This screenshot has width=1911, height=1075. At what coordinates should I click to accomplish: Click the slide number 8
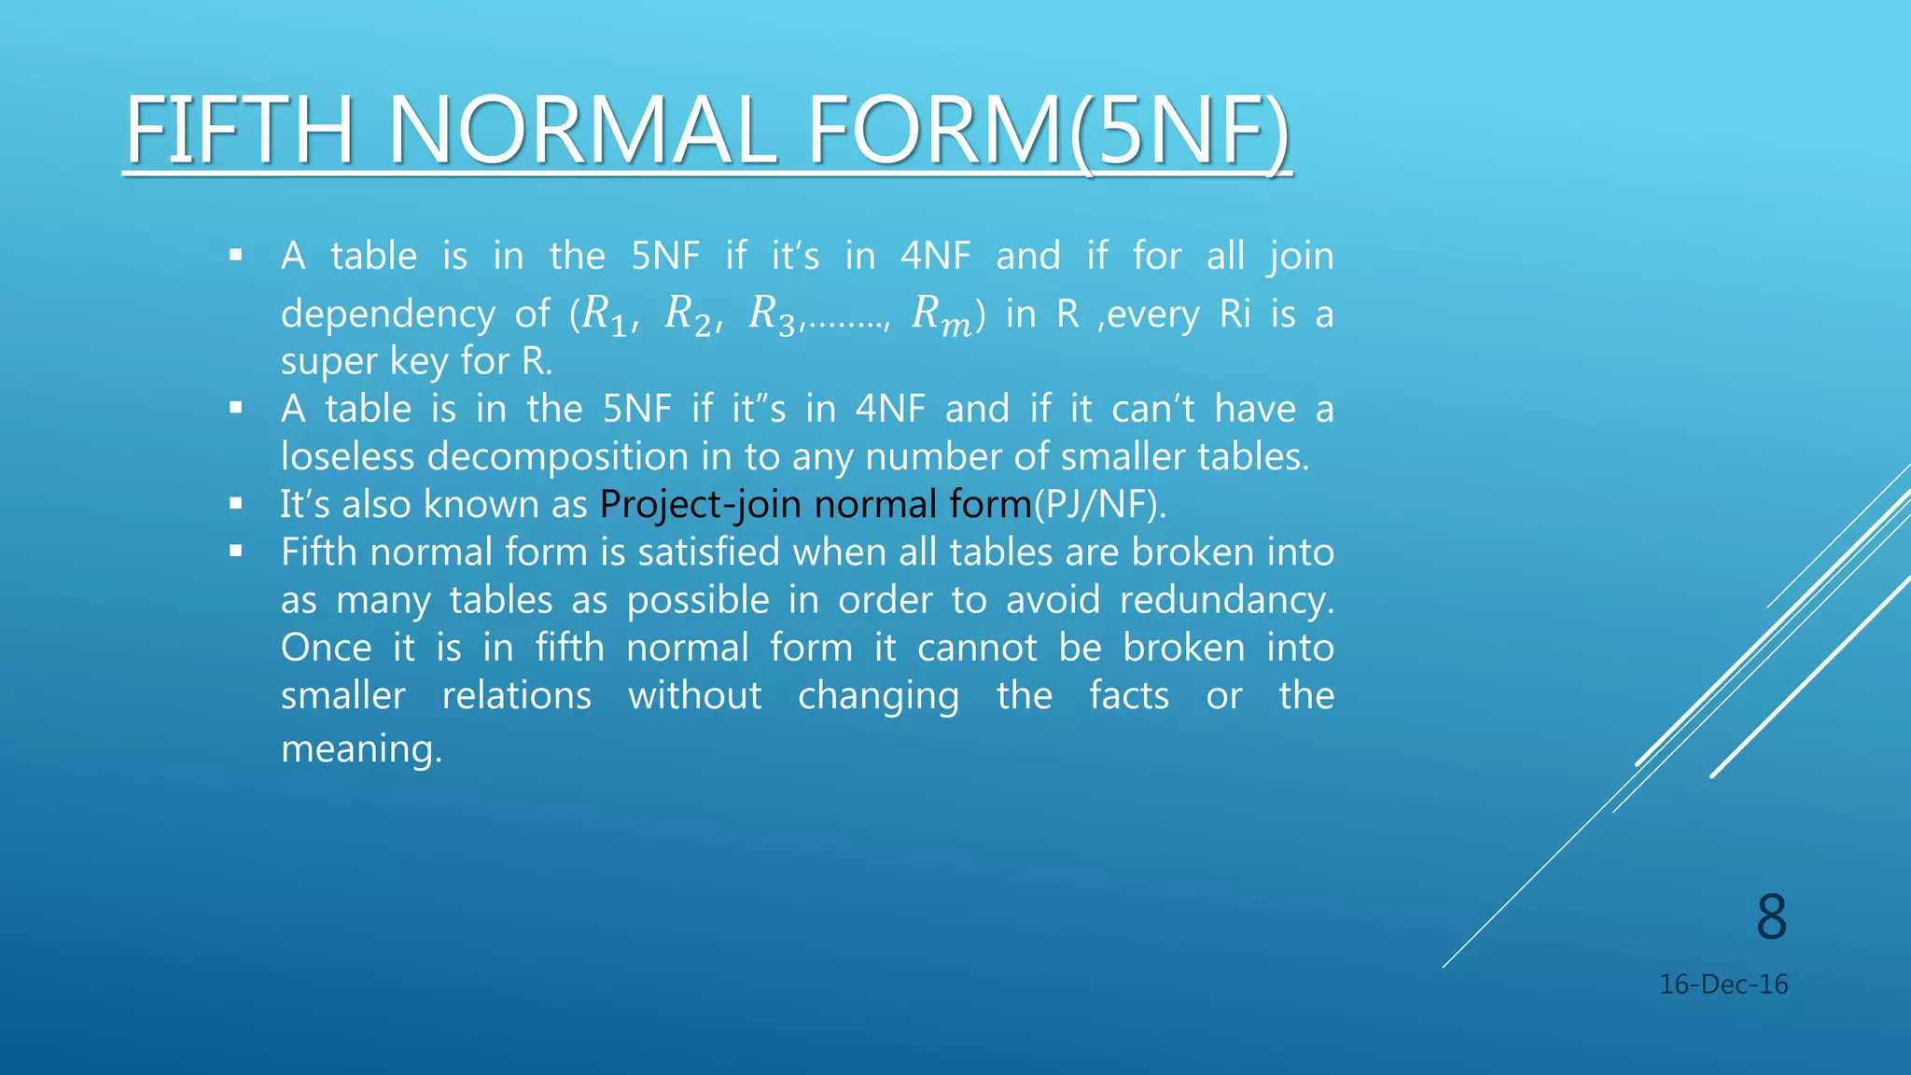click(x=1771, y=917)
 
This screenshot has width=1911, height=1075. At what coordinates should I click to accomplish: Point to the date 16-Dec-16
click(x=1723, y=984)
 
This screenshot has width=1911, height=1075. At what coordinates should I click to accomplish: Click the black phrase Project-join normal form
click(x=815, y=505)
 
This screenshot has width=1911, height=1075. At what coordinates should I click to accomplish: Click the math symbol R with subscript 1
click(x=605, y=314)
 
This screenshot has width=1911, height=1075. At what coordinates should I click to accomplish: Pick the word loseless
click(x=347, y=457)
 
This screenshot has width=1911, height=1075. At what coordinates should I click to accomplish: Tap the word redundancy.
click(x=1226, y=600)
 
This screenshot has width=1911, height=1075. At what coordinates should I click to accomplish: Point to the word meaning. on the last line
click(x=361, y=749)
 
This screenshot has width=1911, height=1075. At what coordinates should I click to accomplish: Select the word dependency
click(x=387, y=314)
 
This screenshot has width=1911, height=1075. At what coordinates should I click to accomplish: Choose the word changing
click(x=878, y=696)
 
